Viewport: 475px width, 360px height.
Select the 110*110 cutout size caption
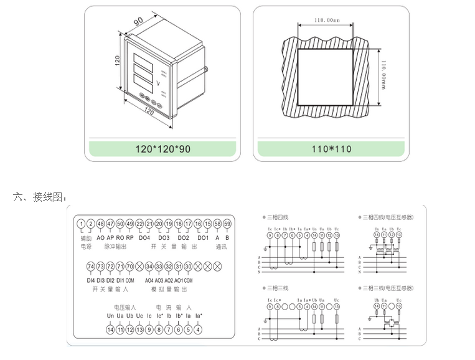332,149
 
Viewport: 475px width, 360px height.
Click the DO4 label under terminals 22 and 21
144,237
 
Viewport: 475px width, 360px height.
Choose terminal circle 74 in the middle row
90,267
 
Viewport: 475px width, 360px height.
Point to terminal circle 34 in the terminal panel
149,267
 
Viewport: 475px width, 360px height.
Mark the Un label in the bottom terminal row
110,316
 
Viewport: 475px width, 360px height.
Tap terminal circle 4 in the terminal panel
198,329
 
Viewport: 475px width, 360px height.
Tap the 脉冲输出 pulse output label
116,247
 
